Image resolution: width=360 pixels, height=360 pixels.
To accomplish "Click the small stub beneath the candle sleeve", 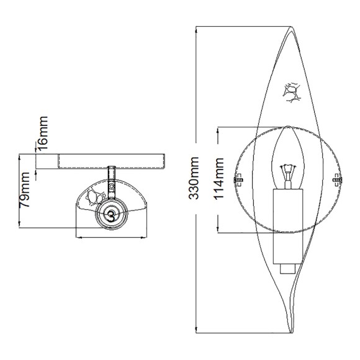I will click(x=287, y=268).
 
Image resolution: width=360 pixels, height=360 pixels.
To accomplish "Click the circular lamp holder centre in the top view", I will click(x=111, y=214).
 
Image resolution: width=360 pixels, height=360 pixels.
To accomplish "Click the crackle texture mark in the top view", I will click(x=94, y=197).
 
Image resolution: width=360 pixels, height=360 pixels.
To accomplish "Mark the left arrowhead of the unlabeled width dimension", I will click(x=76, y=236).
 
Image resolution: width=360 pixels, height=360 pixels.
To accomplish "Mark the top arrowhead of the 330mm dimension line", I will click(x=196, y=29).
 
